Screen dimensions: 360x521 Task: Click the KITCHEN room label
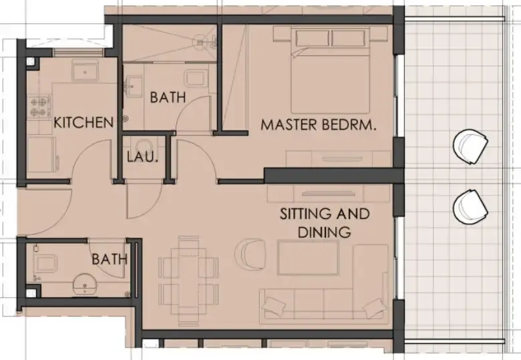click(x=83, y=123)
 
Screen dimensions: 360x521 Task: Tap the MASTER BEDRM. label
click(x=315, y=124)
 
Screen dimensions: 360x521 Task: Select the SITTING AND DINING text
click(x=324, y=223)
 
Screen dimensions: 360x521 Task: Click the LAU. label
click(x=142, y=158)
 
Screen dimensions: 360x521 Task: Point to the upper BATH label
click(x=168, y=98)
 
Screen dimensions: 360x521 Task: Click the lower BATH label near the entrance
click(x=109, y=258)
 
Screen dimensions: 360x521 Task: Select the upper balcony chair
click(x=471, y=146)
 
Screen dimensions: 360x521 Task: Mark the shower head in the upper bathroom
click(x=199, y=41)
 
